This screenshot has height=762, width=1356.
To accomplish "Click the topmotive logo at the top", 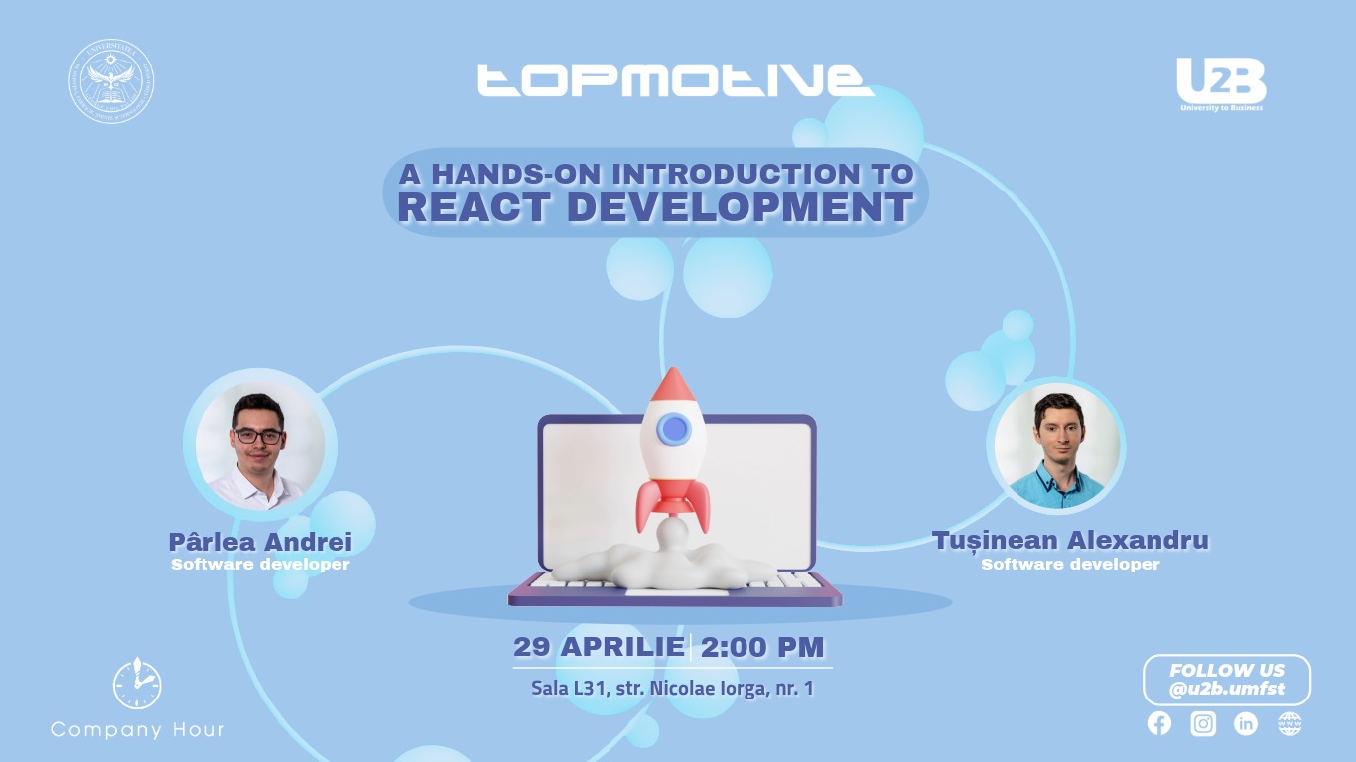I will pos(675,80).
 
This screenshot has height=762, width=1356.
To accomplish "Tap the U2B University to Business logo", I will pos(1221,83).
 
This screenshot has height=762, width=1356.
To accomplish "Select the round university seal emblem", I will pos(111,81).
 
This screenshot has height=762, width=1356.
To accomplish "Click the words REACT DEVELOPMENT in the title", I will pos(655,207).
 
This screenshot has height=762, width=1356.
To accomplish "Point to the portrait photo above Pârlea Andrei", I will pos(260,446).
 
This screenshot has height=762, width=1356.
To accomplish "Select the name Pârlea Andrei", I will pos(260,542).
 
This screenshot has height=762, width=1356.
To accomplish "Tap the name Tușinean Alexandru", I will pos(1070,541).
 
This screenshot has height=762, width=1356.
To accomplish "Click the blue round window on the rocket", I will pos(674,429).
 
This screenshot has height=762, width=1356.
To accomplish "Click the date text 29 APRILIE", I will pos(598,647).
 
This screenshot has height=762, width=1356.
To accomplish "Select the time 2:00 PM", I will pos(762,647).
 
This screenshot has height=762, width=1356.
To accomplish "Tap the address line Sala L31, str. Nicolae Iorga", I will pos(672,688).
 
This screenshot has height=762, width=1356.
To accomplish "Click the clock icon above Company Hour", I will pos(137,684).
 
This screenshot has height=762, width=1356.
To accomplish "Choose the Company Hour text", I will pos(137,730).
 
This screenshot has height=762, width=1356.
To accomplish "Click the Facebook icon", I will pos(1159,723).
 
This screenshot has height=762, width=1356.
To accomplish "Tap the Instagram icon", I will pos(1203,723).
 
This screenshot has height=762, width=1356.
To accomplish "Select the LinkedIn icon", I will pos(1246,723).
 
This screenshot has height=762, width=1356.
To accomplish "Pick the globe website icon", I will pos(1289,723).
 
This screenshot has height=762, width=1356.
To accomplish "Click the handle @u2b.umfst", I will pos(1226,690).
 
